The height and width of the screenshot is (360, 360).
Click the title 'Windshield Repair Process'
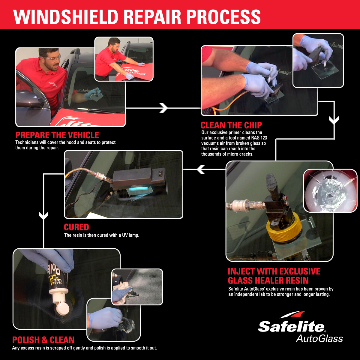click(137, 17)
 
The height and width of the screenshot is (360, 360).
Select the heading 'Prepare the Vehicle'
click(57, 135)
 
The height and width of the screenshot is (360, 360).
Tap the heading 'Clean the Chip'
click(231, 125)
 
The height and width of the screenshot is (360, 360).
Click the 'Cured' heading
click(76, 227)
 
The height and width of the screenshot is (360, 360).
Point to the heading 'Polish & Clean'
click(43, 340)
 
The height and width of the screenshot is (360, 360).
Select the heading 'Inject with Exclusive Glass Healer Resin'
click(274, 276)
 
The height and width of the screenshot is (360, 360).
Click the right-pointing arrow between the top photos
click(163, 108)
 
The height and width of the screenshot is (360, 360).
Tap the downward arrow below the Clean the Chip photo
click(334, 120)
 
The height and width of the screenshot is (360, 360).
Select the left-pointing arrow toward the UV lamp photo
click(201, 169)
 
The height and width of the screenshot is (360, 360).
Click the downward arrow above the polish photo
click(44, 215)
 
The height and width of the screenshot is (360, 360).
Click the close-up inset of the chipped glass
click(330, 190)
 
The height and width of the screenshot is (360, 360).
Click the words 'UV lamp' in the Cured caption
click(130, 235)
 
